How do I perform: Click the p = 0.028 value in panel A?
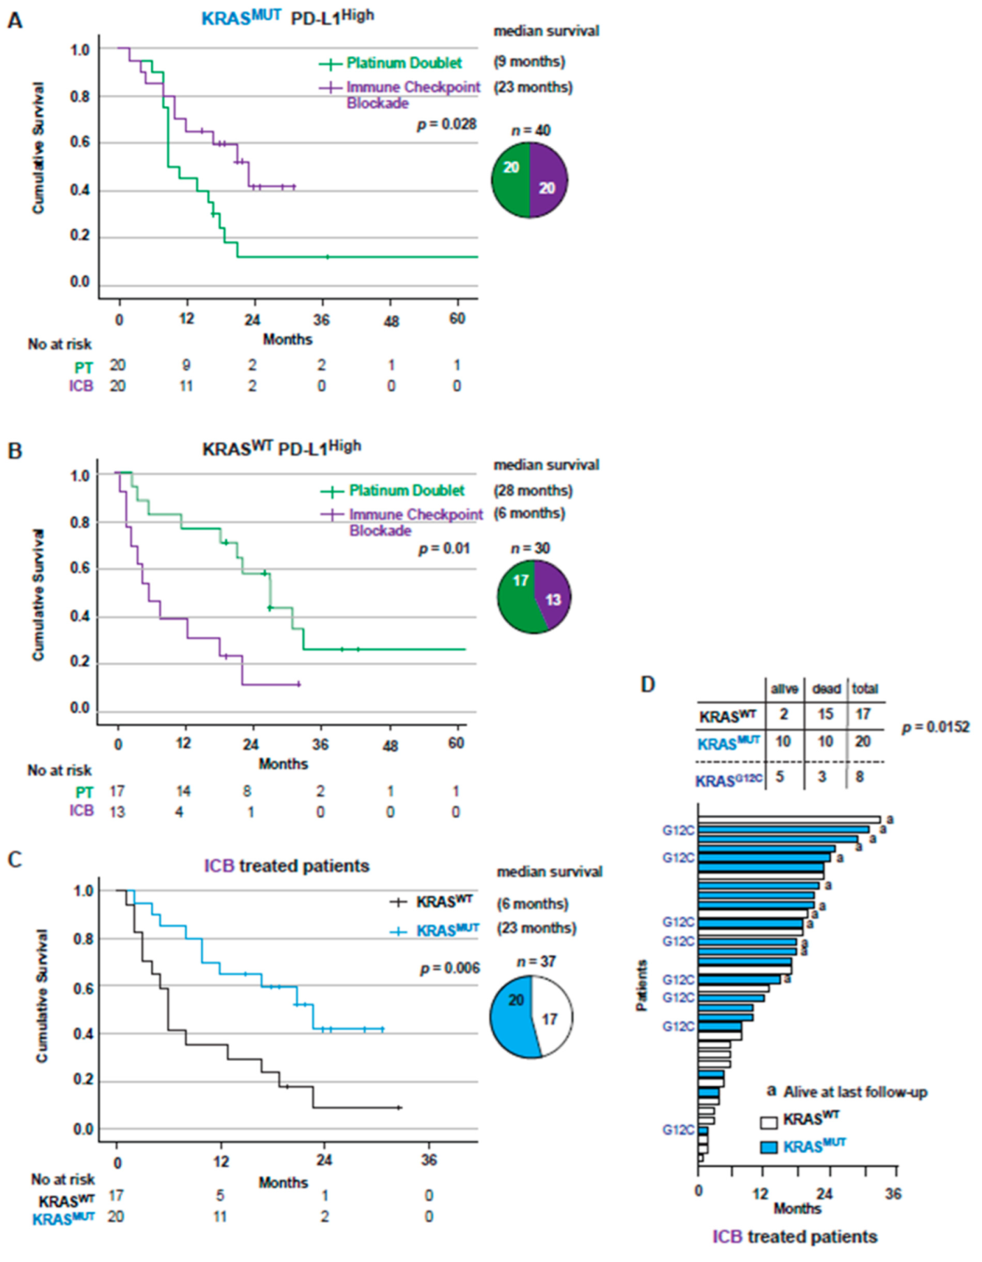point(447,124)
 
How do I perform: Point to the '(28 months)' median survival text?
point(533,490)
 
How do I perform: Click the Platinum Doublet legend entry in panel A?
point(404,64)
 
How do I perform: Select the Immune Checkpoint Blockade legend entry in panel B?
point(416,522)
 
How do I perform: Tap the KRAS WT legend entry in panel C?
point(444,902)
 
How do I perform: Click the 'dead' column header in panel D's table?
point(826,689)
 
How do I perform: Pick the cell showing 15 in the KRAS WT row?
point(826,714)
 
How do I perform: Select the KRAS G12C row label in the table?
point(728,779)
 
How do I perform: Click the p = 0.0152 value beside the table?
point(935,727)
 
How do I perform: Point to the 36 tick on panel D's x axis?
point(893,1193)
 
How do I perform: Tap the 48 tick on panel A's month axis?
point(391,321)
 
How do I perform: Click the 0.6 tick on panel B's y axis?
point(81,568)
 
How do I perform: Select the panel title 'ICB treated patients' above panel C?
point(286,866)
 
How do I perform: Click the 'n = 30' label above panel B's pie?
point(530,548)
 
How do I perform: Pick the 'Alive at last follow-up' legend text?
point(855,1092)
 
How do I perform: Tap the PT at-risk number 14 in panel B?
point(183,791)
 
